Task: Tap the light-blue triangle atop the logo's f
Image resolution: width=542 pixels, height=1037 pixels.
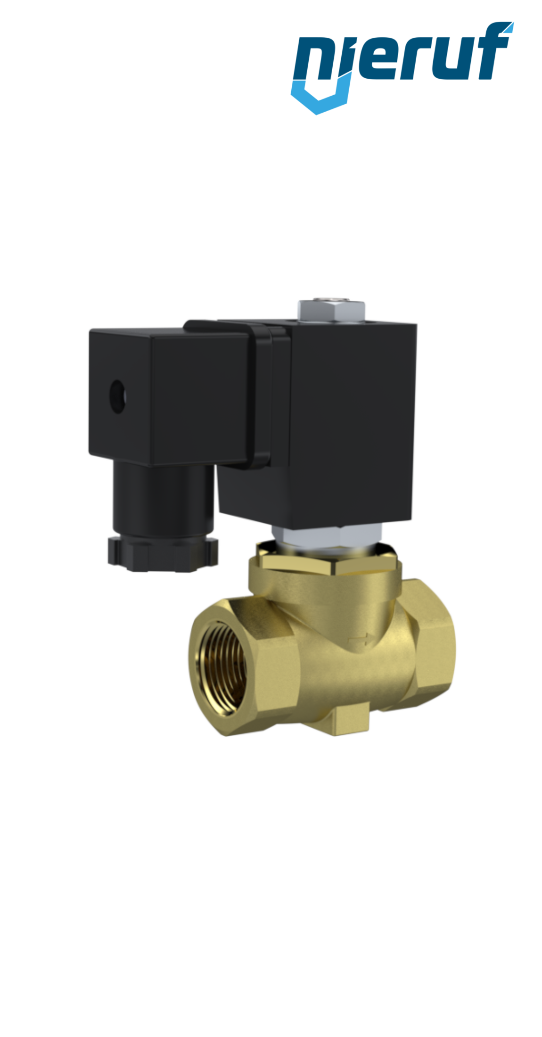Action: (x=507, y=27)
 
